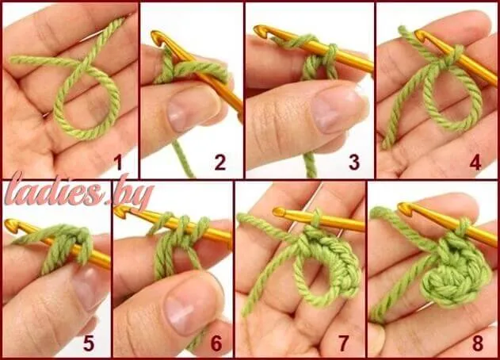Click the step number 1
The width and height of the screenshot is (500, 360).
(x=119, y=163)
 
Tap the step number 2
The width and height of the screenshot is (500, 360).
(x=220, y=163)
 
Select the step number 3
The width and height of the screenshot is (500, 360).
(x=354, y=163)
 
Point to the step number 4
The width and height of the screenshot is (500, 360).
(x=475, y=163)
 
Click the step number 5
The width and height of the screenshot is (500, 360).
(x=89, y=343)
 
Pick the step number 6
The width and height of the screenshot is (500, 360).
(x=216, y=343)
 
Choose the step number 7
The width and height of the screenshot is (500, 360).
(x=343, y=343)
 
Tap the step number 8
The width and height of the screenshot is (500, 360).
(x=478, y=343)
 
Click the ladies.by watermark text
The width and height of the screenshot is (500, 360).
(x=78, y=193)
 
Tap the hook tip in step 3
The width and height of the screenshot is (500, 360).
(x=258, y=29)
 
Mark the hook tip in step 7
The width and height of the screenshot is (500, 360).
(x=278, y=211)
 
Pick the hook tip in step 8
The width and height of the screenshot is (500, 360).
(x=403, y=207)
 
